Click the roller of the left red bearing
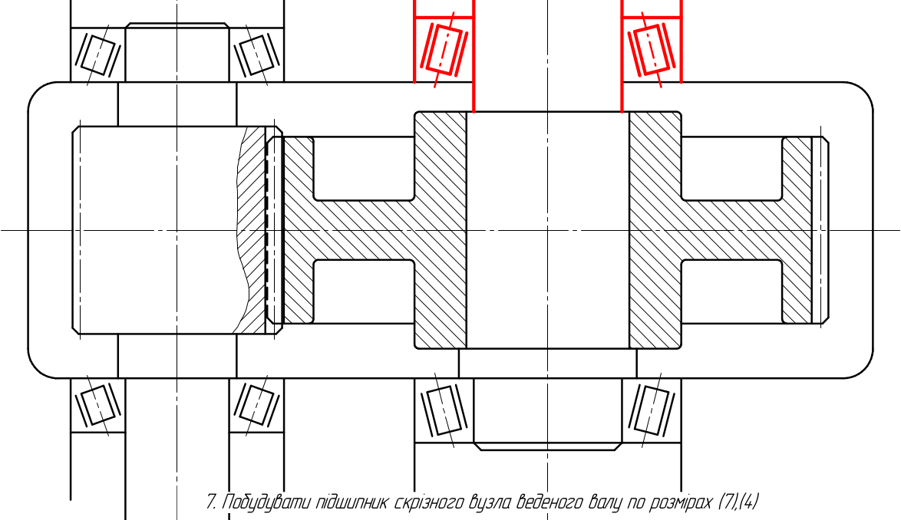point(442,49)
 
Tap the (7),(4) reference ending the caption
point(738,502)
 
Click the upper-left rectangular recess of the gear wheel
point(364,168)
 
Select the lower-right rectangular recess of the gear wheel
point(731,291)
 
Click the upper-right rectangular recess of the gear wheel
point(731,168)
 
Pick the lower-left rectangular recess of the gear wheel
point(364,291)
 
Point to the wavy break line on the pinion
point(241,229)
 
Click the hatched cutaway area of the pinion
point(252,229)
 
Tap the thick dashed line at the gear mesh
point(266,229)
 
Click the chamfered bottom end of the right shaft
point(548,446)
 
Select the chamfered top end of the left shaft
point(177,26)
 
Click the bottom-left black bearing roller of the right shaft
point(442,410)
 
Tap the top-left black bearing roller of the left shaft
point(98,55)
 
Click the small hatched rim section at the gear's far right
point(797,229)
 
